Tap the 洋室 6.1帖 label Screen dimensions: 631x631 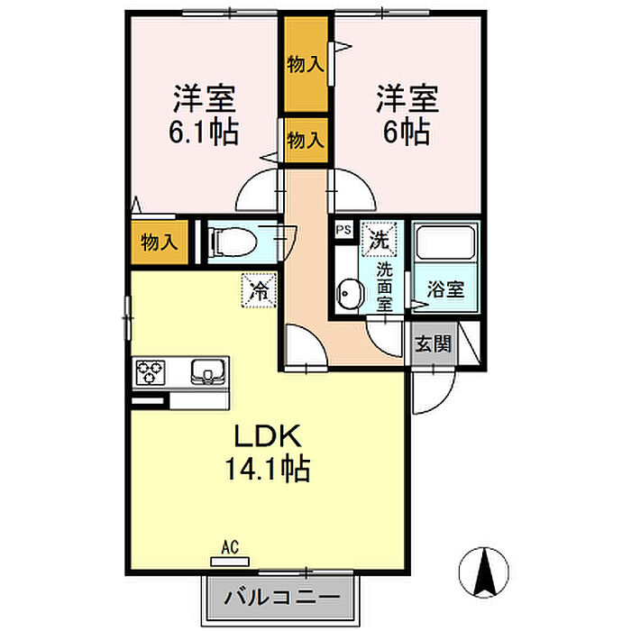pyautogui.click(x=203, y=115)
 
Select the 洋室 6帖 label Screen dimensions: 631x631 pyautogui.click(x=402, y=115)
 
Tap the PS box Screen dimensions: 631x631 pyautogui.click(x=343, y=231)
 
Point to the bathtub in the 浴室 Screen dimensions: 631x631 pyautogui.click(x=445, y=245)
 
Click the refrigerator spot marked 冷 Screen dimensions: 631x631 pyautogui.click(x=258, y=291)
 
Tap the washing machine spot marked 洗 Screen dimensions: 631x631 pyautogui.click(x=379, y=239)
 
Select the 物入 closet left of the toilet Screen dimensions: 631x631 pyautogui.click(x=158, y=242)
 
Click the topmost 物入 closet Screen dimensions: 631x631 pyautogui.click(x=305, y=64)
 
